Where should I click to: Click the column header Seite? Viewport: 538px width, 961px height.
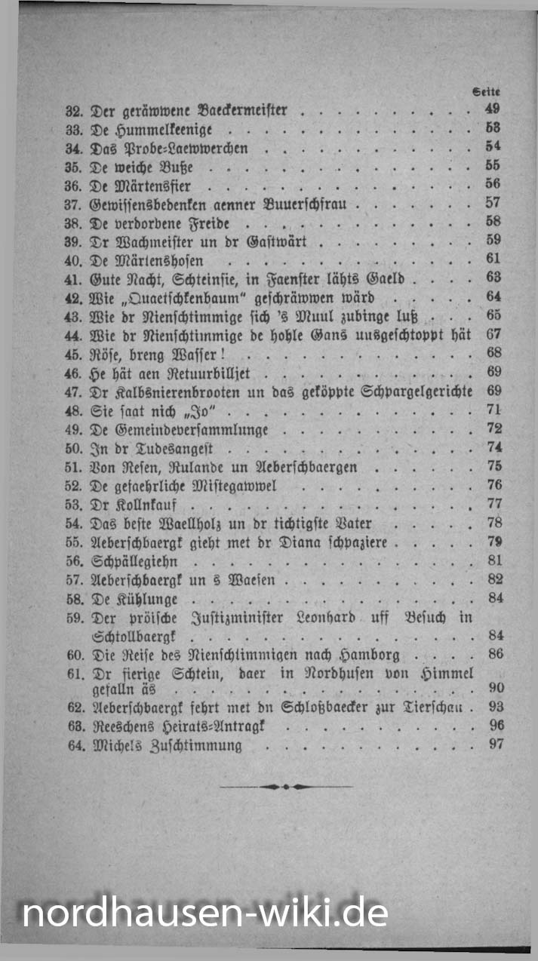pos(487,91)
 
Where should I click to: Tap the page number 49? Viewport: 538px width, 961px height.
pos(493,109)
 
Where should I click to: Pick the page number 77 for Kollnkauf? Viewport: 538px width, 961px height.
pos(494,504)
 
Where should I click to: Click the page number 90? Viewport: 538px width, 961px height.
pos(495,688)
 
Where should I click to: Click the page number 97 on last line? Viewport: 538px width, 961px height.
pos(495,745)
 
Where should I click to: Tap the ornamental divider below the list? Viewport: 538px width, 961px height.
pos(285,787)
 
